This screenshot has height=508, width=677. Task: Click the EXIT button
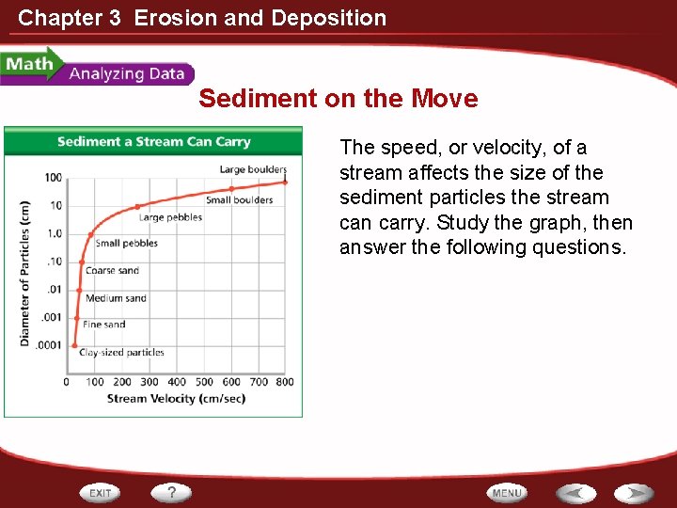point(102,492)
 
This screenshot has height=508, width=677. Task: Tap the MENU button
point(507,493)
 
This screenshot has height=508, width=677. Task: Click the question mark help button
point(172,492)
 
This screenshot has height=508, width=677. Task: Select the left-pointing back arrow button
point(575,493)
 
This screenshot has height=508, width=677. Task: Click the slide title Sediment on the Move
point(338,99)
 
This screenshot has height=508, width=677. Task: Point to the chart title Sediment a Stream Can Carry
point(153,142)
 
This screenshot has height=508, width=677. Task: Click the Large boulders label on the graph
point(253,169)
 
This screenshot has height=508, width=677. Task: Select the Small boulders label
point(239,199)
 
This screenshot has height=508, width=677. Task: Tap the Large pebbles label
point(170,217)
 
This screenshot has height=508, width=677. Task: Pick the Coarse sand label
point(112,271)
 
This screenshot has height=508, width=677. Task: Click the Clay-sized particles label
point(121,353)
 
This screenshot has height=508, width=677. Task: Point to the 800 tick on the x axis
point(285,382)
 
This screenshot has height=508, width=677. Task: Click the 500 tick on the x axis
point(203,382)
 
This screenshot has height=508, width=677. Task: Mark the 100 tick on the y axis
point(53,178)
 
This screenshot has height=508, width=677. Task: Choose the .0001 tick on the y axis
point(49,345)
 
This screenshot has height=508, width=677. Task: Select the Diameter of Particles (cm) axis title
point(25,273)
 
